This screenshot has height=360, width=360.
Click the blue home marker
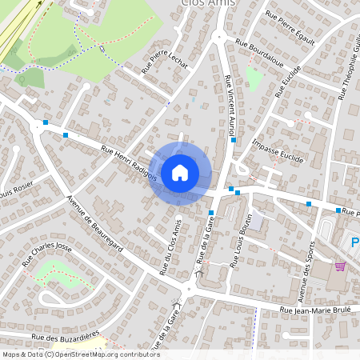180,172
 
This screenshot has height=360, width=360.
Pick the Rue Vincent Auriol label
230,105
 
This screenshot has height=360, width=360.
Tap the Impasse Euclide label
277,150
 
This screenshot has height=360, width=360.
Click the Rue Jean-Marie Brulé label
316,310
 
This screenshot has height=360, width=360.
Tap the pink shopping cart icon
340,266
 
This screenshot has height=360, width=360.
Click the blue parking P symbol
355,242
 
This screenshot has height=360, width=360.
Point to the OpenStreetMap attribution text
80,354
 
